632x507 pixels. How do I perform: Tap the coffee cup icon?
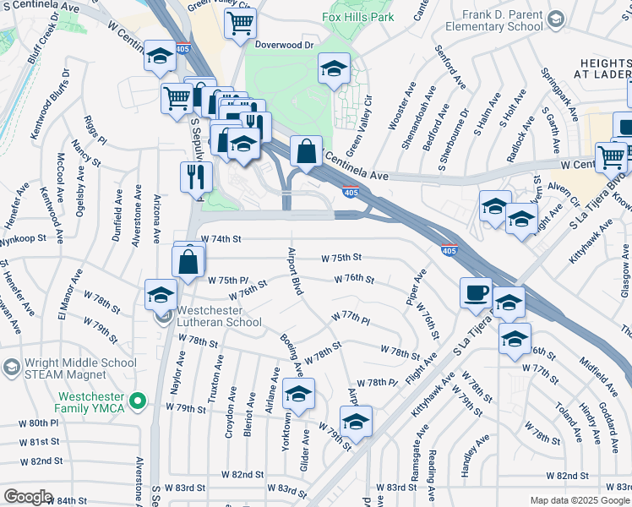tap(477, 292)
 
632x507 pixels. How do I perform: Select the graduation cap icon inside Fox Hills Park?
tap(334, 68)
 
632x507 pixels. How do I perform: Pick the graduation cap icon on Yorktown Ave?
tap(298, 394)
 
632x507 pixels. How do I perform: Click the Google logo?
tap(28, 497)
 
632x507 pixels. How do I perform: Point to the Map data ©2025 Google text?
tap(579, 500)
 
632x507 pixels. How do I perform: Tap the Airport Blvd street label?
tap(296, 271)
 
